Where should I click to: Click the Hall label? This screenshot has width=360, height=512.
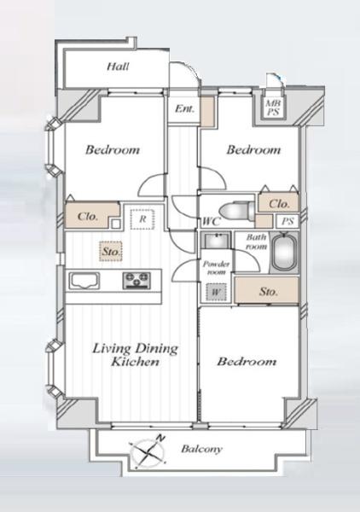click(118, 67)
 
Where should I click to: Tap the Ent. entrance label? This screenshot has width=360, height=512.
click(184, 108)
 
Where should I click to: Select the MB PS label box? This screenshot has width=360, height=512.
click(272, 108)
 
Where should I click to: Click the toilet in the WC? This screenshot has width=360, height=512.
click(237, 210)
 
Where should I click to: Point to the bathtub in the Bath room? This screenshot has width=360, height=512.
click(284, 251)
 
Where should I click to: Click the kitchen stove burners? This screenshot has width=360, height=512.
click(136, 281)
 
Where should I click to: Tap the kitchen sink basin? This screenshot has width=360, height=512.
click(84, 281)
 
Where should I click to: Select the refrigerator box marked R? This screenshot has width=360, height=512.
click(142, 219)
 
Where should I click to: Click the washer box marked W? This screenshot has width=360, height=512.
click(216, 292)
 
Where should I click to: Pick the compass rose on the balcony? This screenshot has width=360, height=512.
click(148, 451)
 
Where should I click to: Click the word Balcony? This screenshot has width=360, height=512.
click(201, 449)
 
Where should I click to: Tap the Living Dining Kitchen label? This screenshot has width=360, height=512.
click(135, 355)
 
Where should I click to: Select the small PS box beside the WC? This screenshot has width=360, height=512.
click(287, 221)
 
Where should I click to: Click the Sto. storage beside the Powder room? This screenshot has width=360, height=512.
click(267, 291)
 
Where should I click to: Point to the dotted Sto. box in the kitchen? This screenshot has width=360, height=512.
click(111, 252)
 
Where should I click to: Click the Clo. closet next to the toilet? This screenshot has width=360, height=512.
click(278, 203)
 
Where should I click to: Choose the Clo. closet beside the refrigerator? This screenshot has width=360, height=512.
click(92, 216)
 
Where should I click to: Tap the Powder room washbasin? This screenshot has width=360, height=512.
click(216, 241)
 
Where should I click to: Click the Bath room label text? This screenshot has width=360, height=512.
click(256, 241)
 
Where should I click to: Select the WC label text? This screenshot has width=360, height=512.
click(212, 221)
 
